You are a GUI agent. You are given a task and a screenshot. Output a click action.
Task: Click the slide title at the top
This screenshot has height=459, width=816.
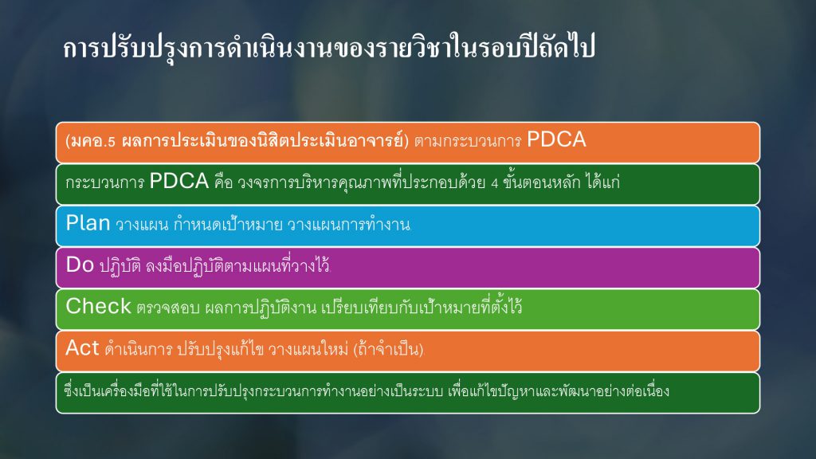tap(329, 48)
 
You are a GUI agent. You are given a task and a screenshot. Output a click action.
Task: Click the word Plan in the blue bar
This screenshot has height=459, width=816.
tap(88, 223)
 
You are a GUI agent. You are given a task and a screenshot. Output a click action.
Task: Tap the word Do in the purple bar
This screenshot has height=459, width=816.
tap(80, 265)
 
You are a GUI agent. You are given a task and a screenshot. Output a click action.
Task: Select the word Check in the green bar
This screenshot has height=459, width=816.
tap(98, 307)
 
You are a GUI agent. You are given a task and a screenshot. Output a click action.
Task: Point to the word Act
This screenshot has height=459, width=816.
tap(82, 348)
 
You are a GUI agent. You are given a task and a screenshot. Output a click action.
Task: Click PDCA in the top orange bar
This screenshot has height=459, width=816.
tap(556, 139)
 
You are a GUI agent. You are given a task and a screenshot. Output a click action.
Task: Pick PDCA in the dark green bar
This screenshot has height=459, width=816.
tap(179, 181)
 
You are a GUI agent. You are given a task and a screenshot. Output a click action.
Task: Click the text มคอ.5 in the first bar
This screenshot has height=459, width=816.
tap(93, 141)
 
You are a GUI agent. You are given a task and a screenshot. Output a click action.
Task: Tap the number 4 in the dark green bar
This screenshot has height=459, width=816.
tap(494, 184)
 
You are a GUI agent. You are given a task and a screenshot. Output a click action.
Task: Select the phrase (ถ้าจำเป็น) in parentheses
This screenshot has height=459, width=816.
tap(388, 349)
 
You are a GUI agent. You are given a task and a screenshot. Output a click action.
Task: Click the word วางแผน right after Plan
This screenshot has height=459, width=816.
tap(142, 225)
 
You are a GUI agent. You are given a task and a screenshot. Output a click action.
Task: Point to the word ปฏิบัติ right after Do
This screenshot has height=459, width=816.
tap(120, 266)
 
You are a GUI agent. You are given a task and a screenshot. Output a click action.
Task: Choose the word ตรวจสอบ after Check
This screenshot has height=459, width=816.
tap(168, 308)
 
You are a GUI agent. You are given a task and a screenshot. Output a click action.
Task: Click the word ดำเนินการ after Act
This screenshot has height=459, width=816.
tap(138, 349)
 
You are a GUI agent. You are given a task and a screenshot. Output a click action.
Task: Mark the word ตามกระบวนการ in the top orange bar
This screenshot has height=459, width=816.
tap(468, 141)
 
